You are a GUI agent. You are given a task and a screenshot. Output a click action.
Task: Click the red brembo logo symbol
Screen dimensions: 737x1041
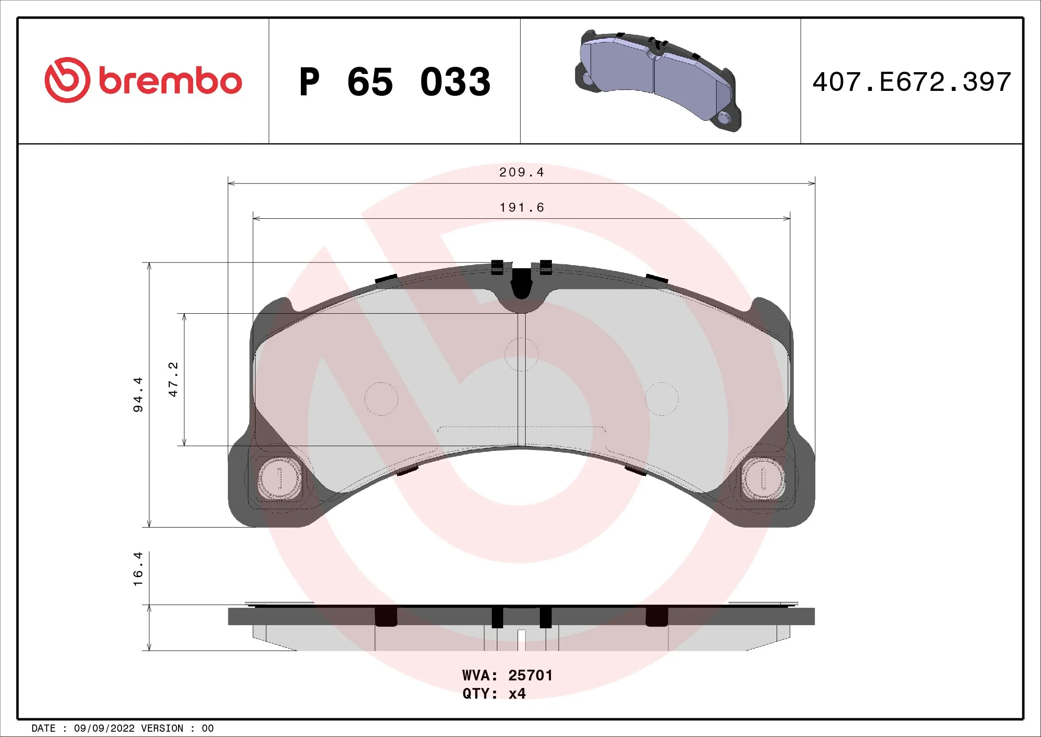click(x=67, y=80)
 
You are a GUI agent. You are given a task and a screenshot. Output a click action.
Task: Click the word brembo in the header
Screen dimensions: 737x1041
click(x=170, y=81)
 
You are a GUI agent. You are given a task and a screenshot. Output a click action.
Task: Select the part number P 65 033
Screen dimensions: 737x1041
click(x=394, y=82)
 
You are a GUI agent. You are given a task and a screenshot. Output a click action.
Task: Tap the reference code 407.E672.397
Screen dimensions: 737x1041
click(x=911, y=82)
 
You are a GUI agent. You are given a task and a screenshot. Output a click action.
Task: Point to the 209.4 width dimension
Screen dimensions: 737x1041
click(x=521, y=172)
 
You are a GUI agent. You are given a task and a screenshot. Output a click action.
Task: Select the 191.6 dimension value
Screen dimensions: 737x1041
click(x=522, y=207)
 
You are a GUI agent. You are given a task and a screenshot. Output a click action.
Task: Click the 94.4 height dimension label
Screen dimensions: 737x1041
click(x=138, y=394)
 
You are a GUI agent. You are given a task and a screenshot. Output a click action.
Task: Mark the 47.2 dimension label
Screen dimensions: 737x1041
click(x=173, y=379)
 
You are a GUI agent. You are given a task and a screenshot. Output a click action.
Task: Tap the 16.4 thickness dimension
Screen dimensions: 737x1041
click(x=138, y=569)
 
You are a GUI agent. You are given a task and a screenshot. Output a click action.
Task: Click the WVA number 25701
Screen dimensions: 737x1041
click(x=530, y=675)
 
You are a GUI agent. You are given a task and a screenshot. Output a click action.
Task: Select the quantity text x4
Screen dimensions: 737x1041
click(x=517, y=693)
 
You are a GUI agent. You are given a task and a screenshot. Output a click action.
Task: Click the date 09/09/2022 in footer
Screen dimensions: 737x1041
click(x=104, y=729)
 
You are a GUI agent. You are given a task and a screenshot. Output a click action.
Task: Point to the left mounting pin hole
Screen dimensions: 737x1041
click(x=279, y=477)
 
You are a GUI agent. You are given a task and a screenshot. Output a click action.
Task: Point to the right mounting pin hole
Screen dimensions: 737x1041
click(x=763, y=478)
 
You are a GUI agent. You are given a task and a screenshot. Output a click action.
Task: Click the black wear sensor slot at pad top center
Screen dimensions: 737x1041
click(x=522, y=283)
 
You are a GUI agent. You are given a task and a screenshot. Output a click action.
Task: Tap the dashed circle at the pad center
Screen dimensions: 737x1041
click(x=522, y=354)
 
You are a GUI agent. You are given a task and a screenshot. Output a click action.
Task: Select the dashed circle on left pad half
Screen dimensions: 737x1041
click(x=381, y=399)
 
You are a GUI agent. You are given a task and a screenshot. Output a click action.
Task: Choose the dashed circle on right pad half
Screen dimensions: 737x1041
click(x=662, y=399)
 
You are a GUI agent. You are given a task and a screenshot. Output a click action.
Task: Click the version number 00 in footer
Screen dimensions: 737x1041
click(x=208, y=729)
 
